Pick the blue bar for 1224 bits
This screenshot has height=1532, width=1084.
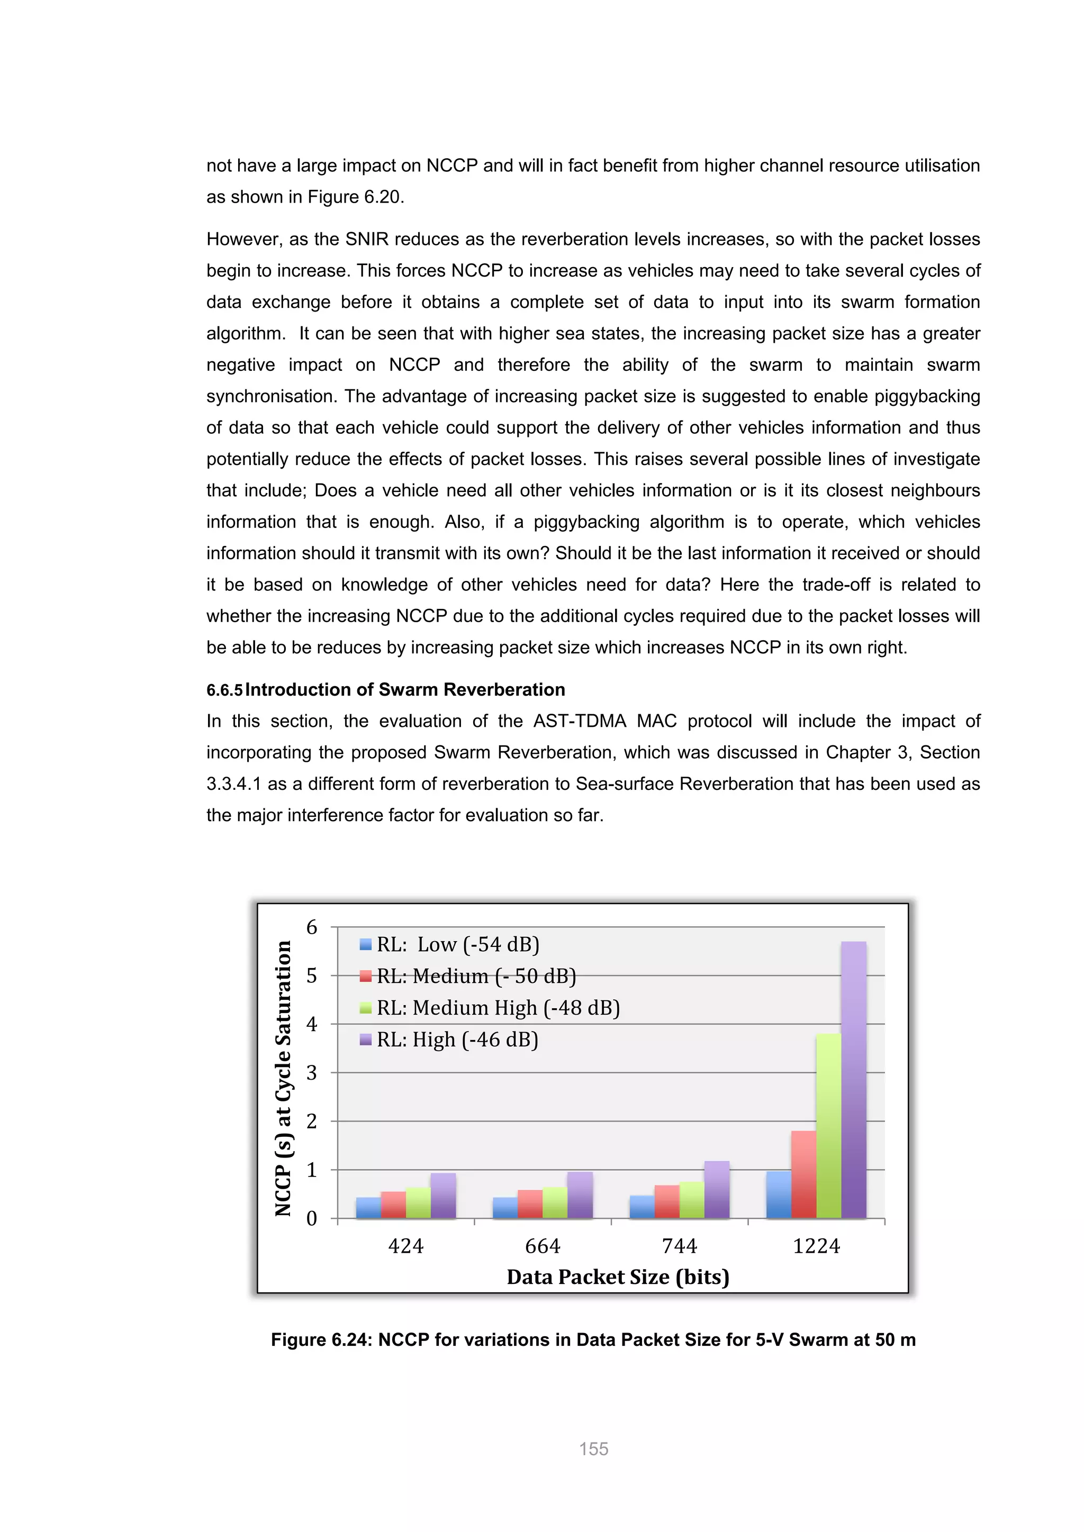pos(778,1195)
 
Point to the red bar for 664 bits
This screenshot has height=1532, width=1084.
pos(530,1205)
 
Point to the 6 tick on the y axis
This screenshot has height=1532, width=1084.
pos(312,927)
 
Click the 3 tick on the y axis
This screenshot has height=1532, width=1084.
pos(312,1073)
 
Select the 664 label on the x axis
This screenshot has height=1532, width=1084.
pos(543,1246)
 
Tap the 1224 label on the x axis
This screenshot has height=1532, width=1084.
pos(816,1246)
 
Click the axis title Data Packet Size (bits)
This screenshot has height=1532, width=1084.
pos(618,1276)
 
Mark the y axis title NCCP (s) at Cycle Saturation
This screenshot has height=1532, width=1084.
pos(284,1078)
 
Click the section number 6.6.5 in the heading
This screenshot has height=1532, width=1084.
pos(224,690)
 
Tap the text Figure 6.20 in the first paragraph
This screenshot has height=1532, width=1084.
pos(354,197)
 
